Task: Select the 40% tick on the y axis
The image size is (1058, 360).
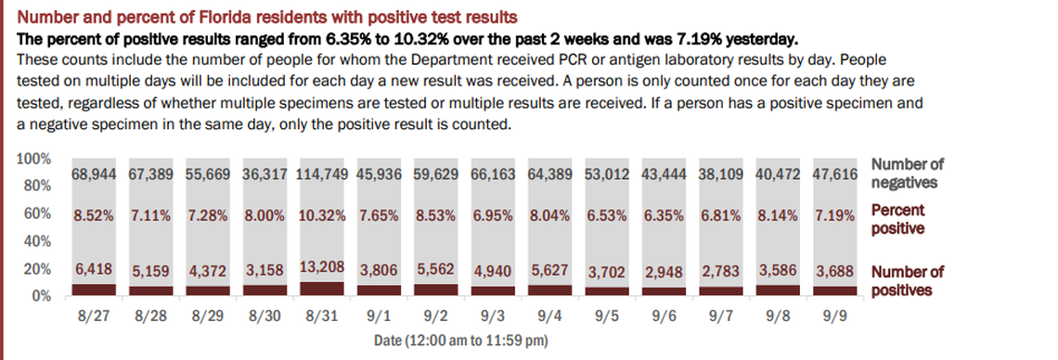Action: coord(36,241)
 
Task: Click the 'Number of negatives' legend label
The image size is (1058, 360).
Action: coord(907,173)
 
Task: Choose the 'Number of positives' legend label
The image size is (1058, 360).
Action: coord(907,280)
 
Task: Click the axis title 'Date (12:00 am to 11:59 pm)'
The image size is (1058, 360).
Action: coord(461,341)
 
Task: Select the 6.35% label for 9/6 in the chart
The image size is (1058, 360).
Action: coord(664,215)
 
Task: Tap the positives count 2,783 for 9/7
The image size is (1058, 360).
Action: coord(722,271)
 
